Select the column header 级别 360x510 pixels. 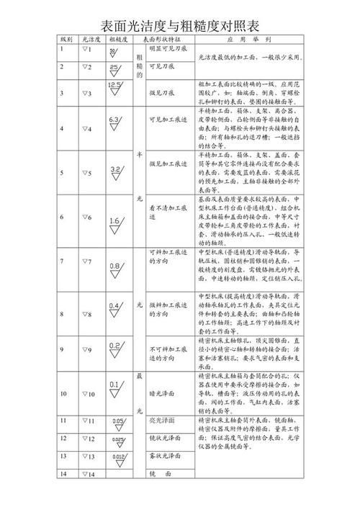(66, 40)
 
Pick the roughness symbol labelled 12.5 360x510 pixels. (115, 91)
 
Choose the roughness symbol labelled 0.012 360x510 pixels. (118, 458)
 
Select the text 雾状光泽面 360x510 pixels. (167, 456)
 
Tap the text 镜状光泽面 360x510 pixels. (167, 438)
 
